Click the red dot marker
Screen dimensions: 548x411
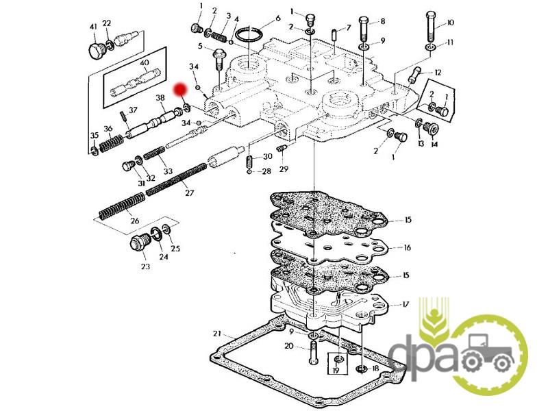(x=181, y=89)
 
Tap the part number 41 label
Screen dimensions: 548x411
(x=93, y=27)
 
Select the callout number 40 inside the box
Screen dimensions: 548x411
(x=145, y=63)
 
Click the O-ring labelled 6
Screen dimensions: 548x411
(x=249, y=36)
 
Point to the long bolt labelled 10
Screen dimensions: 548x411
(x=431, y=26)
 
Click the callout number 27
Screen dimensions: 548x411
(x=190, y=192)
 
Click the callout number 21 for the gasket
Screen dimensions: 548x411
(x=217, y=334)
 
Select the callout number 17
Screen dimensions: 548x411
(x=405, y=304)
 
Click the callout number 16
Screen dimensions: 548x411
(x=407, y=248)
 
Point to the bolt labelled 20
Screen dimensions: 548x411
(x=313, y=353)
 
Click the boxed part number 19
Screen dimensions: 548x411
(x=336, y=370)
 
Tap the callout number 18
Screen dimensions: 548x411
(x=375, y=369)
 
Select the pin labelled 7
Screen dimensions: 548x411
(x=334, y=36)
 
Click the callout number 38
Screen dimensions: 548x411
(x=160, y=97)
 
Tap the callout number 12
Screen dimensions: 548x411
(x=438, y=73)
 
